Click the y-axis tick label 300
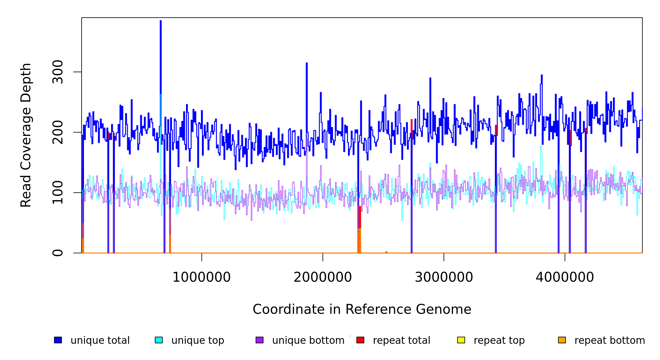pyautogui.click(x=58, y=72)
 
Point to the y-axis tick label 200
pyautogui.click(x=58, y=132)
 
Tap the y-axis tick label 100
pyautogui.click(x=58, y=193)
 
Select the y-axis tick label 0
pyautogui.click(x=58, y=253)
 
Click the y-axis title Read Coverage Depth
pyautogui.click(x=26, y=135)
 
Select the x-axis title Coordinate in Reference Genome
pyautogui.click(x=362, y=310)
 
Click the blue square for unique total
pyautogui.click(x=58, y=340)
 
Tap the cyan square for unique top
pyautogui.click(x=159, y=340)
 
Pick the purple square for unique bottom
pyautogui.click(x=259, y=340)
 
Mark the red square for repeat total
pyautogui.click(x=360, y=340)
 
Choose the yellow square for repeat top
pyautogui.click(x=461, y=340)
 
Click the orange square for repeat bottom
pyautogui.click(x=562, y=340)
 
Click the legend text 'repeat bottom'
pyautogui.click(x=610, y=340)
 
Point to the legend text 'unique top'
pyautogui.click(x=198, y=340)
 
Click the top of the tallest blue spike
pyautogui.click(x=161, y=21)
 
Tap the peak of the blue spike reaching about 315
pyautogui.click(x=307, y=63)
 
